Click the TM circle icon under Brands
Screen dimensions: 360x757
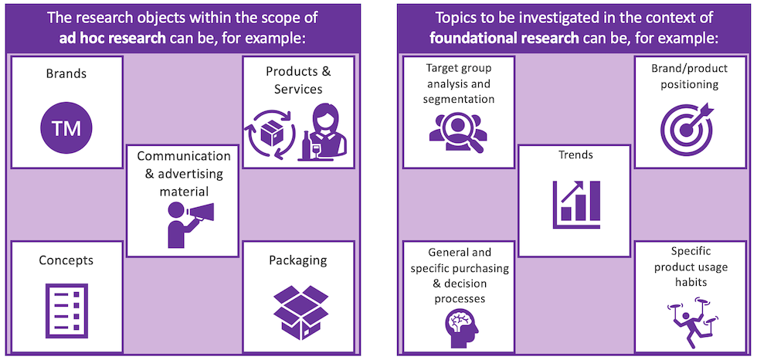pos(66,128)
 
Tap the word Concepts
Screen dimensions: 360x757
pos(66,260)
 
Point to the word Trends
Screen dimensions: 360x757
pos(575,155)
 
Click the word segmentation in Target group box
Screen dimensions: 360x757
pos(459,100)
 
